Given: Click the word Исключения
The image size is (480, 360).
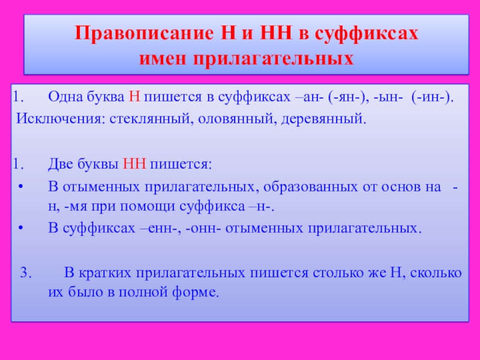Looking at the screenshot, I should point(58,118).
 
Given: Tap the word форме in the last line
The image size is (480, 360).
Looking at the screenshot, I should point(202,293).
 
